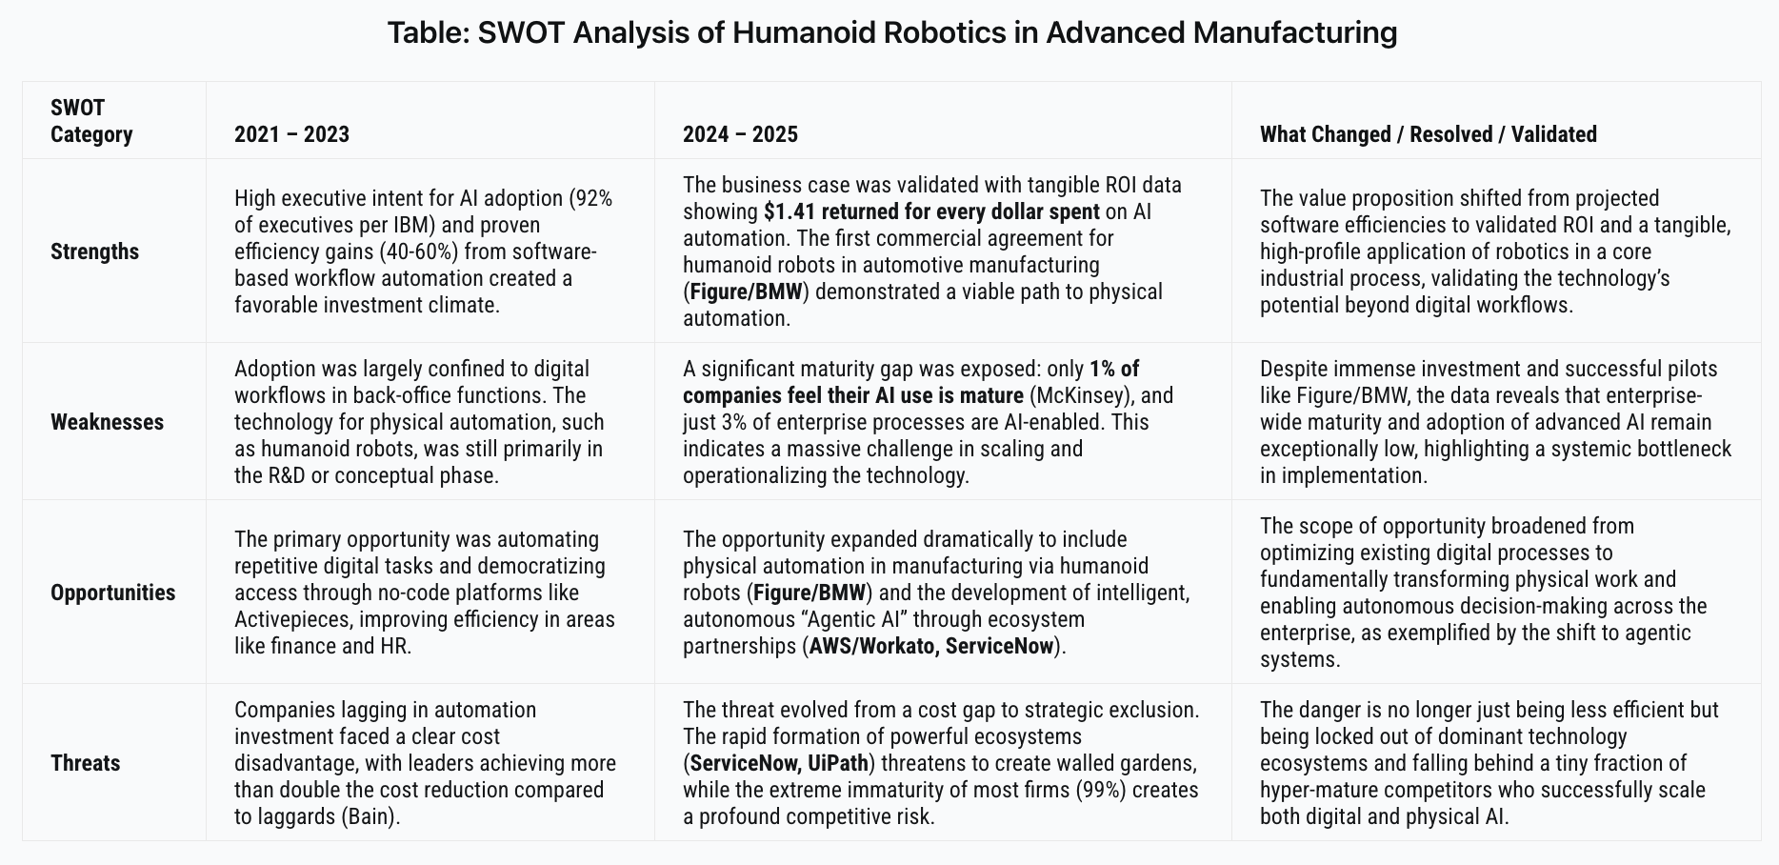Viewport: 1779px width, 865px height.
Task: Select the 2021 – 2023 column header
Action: (291, 134)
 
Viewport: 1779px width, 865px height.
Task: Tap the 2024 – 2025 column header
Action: (740, 134)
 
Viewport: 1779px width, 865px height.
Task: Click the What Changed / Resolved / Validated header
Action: (1428, 134)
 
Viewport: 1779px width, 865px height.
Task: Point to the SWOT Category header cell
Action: (91, 121)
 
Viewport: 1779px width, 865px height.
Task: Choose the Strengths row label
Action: (94, 251)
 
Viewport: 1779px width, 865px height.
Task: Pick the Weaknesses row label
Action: (107, 422)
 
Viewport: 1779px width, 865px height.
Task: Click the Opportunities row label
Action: (112, 593)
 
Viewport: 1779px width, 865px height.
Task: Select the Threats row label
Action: (85, 763)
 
